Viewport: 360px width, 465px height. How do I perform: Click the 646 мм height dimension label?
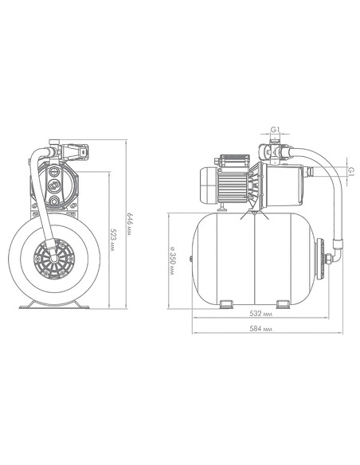point(130,225)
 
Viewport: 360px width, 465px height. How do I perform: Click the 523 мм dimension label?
point(112,240)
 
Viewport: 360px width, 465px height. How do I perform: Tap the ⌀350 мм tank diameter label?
point(172,260)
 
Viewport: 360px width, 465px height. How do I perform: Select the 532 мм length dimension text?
point(261,314)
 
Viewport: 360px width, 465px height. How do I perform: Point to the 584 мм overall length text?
point(261,329)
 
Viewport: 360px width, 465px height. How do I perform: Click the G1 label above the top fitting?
point(276,130)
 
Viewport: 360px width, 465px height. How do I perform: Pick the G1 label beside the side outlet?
point(351,171)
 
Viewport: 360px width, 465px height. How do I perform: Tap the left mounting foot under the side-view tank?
point(226,305)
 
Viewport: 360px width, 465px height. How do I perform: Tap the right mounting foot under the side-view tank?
point(283,305)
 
